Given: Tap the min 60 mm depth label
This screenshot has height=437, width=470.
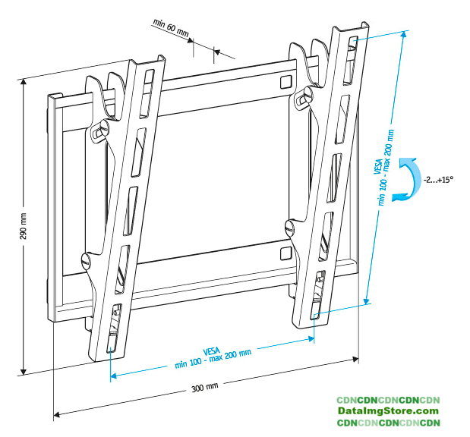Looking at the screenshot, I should [171, 28].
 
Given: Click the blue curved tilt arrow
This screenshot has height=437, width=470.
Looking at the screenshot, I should [409, 177].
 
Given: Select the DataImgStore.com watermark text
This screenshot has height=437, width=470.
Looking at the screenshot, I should [388, 410].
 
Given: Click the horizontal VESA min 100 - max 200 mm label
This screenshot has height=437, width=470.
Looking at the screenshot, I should [212, 357].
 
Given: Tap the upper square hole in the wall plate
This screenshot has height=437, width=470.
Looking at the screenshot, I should [285, 80].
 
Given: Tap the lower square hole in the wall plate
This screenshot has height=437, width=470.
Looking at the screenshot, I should [285, 253].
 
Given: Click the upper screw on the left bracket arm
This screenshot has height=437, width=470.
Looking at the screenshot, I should [98, 130].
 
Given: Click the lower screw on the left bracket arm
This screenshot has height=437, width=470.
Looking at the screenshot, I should [87, 259].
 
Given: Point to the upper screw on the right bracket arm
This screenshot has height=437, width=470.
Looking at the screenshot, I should [302, 98].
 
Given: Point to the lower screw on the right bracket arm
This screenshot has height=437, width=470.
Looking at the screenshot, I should [289, 226].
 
